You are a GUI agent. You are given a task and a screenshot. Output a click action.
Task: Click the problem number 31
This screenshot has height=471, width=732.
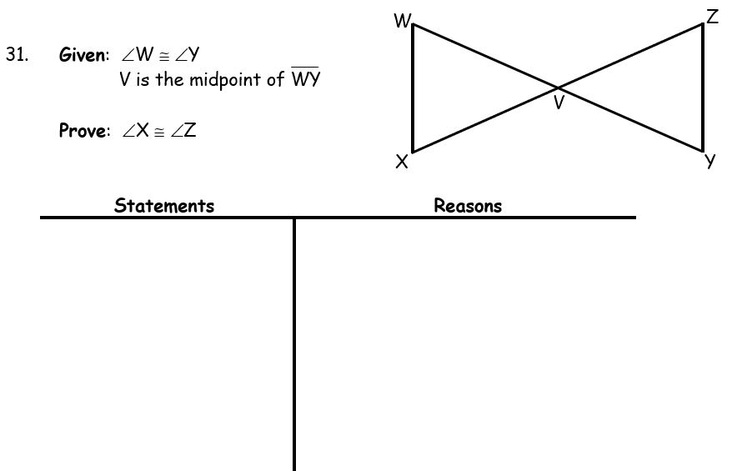point(17,56)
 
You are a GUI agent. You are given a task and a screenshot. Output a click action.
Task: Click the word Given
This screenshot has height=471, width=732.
point(83,56)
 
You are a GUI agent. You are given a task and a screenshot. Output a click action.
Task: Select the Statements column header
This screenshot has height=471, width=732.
point(164,206)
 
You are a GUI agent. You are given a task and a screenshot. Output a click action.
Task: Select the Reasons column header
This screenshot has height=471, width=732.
point(468,206)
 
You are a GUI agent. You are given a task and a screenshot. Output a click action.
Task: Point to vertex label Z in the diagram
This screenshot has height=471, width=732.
point(712,17)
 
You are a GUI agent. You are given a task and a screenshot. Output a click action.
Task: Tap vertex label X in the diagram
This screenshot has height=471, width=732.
point(402,163)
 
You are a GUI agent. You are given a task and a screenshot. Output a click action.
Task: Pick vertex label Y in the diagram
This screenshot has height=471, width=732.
point(710,162)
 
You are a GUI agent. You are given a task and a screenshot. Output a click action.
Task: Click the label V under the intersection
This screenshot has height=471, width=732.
point(559,104)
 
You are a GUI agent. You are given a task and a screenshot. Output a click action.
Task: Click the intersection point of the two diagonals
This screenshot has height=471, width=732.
point(558,87)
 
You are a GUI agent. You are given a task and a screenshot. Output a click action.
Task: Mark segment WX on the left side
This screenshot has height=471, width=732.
point(413,88)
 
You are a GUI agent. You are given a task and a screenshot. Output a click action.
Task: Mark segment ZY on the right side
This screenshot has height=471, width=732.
point(703,87)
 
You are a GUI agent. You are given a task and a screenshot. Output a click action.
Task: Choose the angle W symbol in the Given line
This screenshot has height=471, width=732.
point(136,56)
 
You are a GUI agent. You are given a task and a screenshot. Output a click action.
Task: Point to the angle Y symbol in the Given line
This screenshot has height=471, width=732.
point(187,56)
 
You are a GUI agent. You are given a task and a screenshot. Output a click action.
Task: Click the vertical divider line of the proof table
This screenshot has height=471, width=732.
point(294,342)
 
